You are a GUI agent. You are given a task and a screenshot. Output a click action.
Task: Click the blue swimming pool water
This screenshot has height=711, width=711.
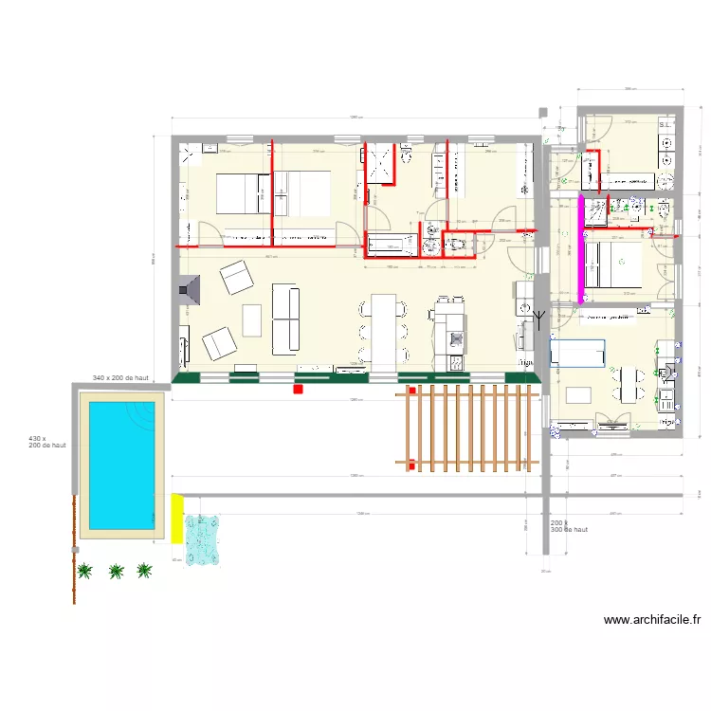121,464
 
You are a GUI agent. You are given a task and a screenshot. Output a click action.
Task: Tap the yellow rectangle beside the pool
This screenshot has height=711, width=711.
176,519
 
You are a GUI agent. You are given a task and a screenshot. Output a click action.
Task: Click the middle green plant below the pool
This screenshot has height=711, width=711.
116,571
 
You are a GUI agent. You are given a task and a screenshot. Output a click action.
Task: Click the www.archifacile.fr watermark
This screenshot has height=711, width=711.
651,621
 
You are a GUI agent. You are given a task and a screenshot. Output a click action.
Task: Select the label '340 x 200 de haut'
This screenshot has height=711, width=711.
121,378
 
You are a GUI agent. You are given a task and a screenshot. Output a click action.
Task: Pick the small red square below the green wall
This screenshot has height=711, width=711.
298,389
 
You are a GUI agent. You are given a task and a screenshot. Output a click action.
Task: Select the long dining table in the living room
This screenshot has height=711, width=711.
383,332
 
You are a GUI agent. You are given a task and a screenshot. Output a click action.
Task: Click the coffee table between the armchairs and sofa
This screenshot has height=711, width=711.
251,319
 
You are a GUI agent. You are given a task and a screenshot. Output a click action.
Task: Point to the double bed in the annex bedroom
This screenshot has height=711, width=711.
613,264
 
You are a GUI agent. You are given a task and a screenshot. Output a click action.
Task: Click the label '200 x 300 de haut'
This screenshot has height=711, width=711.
568,526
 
